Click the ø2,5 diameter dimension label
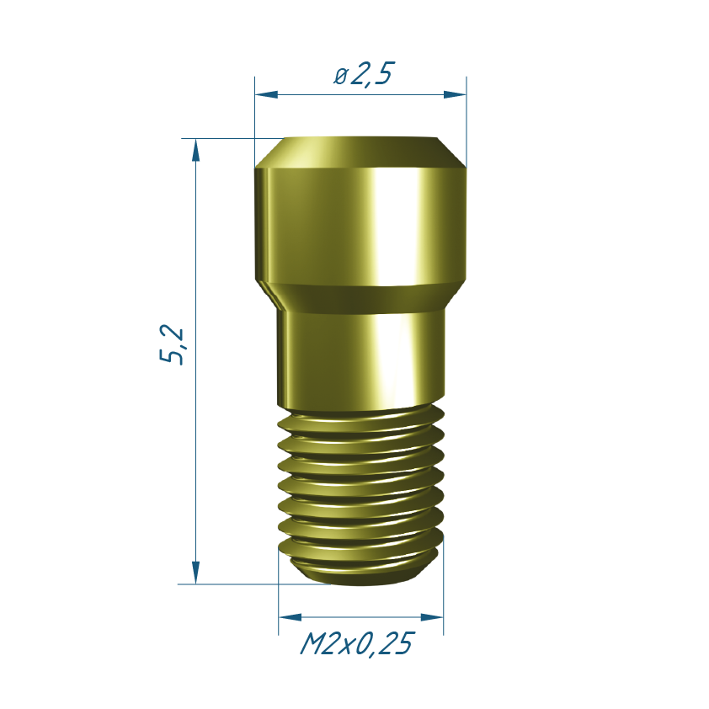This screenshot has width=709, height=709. point(364,73)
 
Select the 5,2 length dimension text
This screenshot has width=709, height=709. point(172,344)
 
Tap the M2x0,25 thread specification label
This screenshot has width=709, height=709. point(357,644)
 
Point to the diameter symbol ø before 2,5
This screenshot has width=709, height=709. point(340,76)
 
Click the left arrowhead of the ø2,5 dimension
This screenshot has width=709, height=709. point(266,94)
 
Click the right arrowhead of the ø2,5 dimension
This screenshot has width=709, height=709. point(455,94)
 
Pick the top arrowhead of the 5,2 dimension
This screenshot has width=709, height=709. point(195,150)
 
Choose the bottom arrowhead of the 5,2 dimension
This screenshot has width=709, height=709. point(195,573)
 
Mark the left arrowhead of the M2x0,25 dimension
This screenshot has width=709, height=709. point(290,617)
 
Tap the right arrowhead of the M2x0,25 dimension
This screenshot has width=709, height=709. point(432,617)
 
